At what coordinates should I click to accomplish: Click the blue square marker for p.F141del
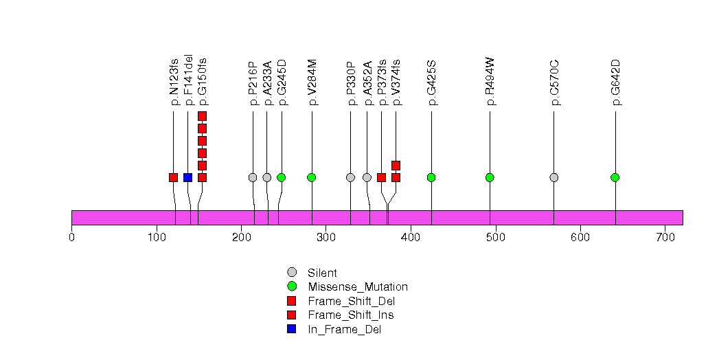pyautogui.click(x=187, y=177)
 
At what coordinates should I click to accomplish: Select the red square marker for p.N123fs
pyautogui.click(x=173, y=177)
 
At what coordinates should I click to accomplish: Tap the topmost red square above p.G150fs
pyautogui.click(x=202, y=116)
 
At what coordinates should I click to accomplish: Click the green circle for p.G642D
pyautogui.click(x=615, y=177)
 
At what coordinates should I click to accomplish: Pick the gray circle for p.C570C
pyautogui.click(x=553, y=177)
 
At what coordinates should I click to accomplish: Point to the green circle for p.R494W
pyautogui.click(x=490, y=177)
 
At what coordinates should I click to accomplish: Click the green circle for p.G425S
pyautogui.click(x=431, y=177)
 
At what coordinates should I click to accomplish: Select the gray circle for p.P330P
pyautogui.click(x=350, y=177)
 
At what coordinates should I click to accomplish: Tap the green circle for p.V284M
pyautogui.click(x=312, y=177)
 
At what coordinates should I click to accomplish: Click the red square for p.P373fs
pyautogui.click(x=381, y=177)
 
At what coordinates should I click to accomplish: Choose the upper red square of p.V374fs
pyautogui.click(x=396, y=165)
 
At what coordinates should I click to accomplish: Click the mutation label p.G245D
pyautogui.click(x=282, y=82)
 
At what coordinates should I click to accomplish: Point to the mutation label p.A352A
pyautogui.click(x=367, y=82)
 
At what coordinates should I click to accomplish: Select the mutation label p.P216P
pyautogui.click(x=253, y=82)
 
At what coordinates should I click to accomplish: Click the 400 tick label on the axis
pyautogui.click(x=410, y=238)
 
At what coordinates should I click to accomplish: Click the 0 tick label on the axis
pyautogui.click(x=71, y=238)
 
